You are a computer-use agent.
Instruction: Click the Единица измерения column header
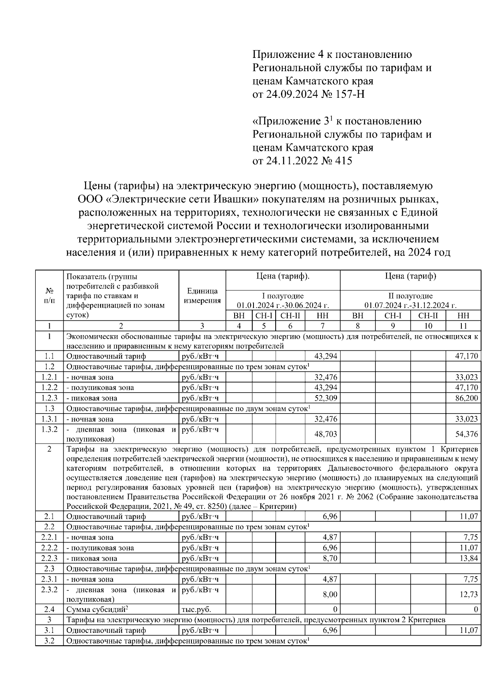click(x=202, y=296)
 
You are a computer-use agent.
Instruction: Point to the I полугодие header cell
click(x=283, y=300)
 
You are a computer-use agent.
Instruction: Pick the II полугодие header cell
click(x=410, y=300)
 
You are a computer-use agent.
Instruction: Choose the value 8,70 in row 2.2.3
click(x=330, y=558)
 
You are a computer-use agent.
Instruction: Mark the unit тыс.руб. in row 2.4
click(x=196, y=610)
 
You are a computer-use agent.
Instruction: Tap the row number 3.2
click(x=49, y=641)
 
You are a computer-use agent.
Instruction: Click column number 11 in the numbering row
click(x=463, y=326)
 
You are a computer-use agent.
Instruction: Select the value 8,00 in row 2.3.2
click(x=330, y=594)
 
